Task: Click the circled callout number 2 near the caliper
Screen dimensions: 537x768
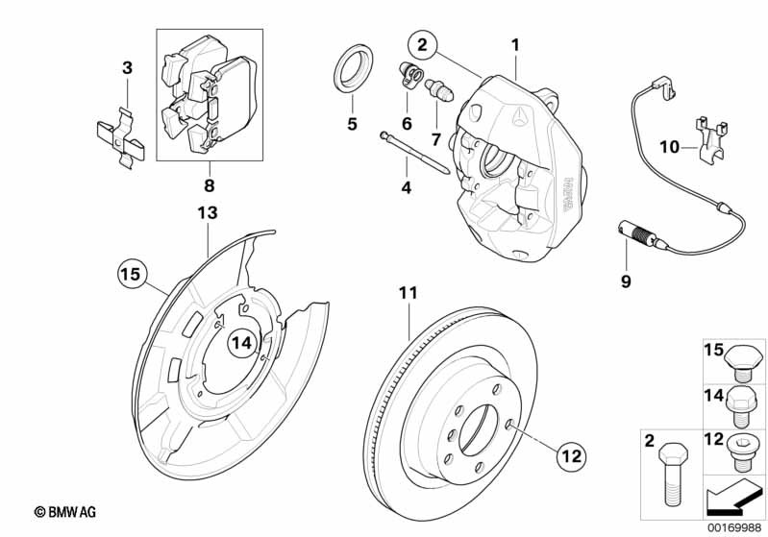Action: click(421, 44)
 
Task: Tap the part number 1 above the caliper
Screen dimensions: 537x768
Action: click(515, 44)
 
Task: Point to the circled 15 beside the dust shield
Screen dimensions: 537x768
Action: click(130, 275)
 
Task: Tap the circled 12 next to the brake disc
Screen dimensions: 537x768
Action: click(571, 456)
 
